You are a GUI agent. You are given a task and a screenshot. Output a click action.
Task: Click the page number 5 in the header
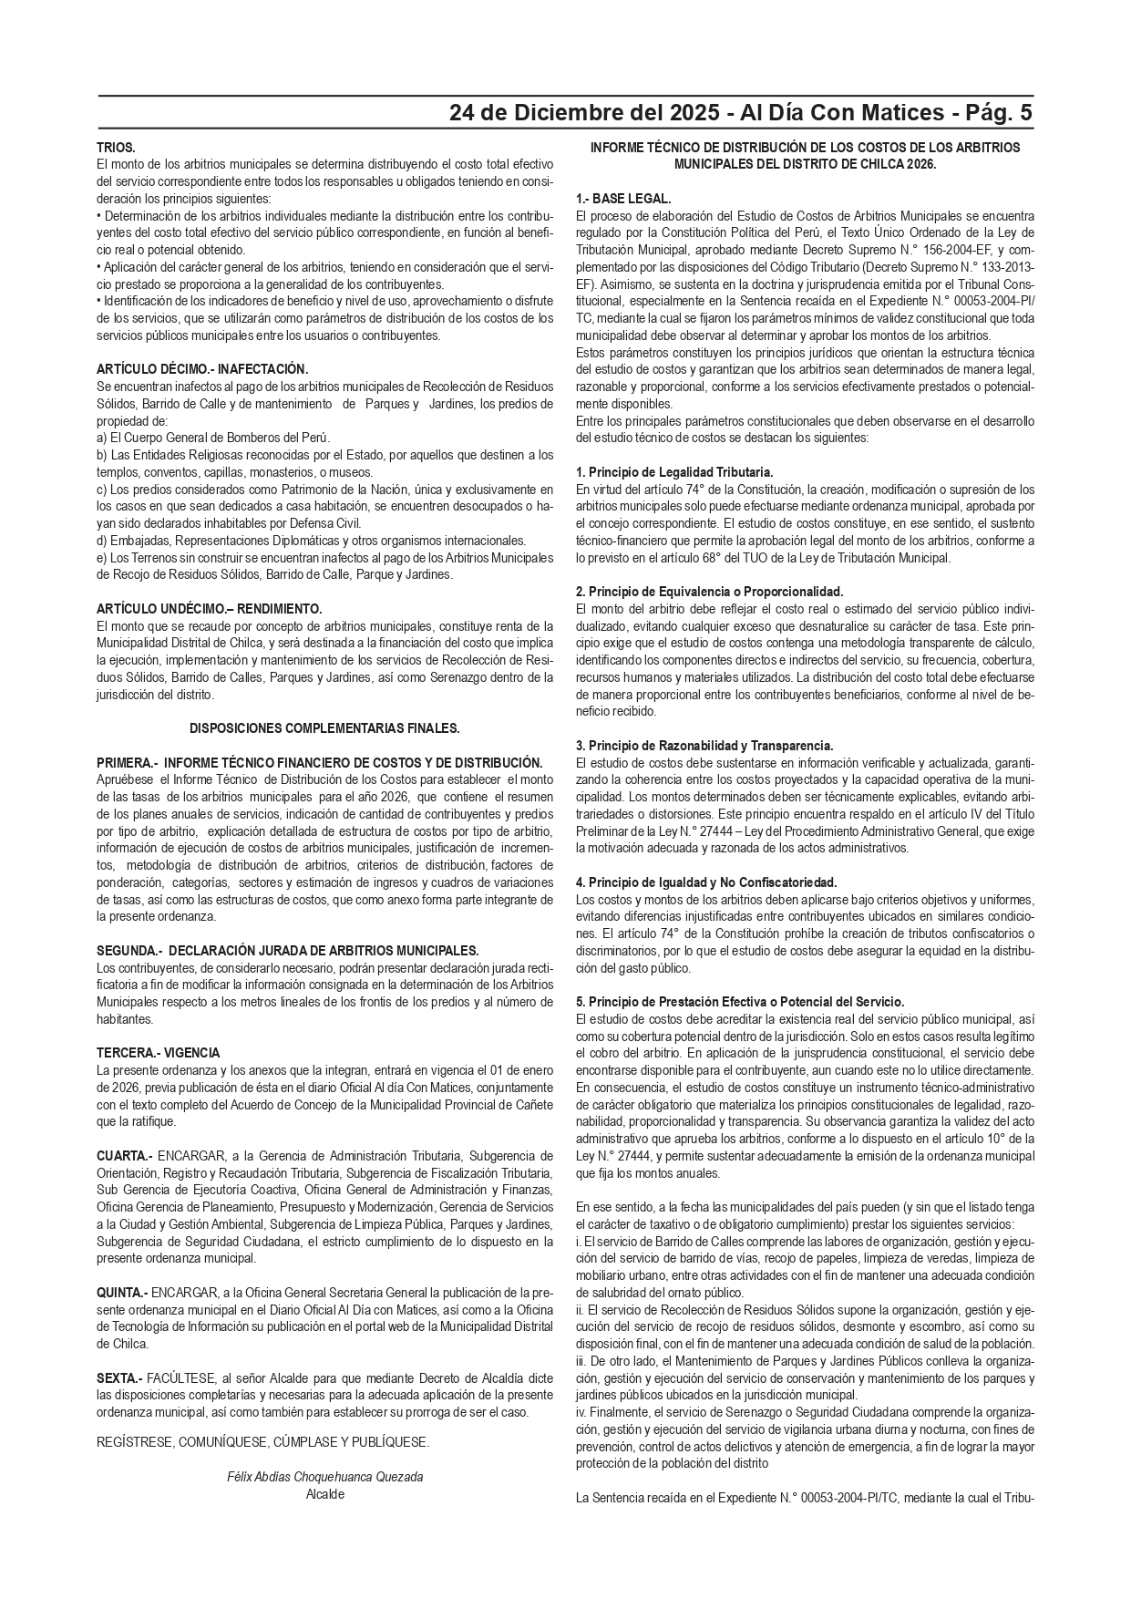[x=1026, y=113]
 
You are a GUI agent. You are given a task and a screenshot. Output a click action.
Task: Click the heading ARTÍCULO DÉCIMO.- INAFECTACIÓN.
[x=202, y=369]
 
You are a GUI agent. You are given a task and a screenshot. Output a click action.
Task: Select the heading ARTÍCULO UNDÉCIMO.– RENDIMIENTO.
[x=210, y=609]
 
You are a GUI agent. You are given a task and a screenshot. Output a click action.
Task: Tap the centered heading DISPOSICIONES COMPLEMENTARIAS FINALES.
[x=324, y=728]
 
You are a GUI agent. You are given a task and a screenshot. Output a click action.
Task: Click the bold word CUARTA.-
[x=125, y=1156]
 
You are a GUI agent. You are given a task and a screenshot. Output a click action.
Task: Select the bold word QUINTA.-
[x=122, y=1293]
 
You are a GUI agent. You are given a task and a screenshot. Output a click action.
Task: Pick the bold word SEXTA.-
[x=119, y=1378]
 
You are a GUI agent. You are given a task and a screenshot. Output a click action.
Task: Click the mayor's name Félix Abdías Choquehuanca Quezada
[x=324, y=1477]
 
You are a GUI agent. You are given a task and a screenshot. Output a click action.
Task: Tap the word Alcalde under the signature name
[x=325, y=1494]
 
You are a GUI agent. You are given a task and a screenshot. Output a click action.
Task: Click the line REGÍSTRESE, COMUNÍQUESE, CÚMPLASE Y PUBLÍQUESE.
[x=262, y=1442]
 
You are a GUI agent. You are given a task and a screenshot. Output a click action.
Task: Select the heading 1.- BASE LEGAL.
[x=623, y=199]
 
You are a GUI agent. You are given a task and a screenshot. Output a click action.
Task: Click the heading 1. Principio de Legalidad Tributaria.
[x=674, y=472]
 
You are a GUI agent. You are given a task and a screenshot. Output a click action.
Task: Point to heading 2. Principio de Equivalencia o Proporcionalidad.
[x=709, y=592]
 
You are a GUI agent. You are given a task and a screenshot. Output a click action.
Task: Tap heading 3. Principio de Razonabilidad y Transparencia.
[x=704, y=746]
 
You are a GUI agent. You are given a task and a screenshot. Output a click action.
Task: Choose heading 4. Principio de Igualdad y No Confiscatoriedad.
[x=706, y=882]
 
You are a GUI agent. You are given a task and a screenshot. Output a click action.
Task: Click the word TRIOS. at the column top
[x=116, y=147]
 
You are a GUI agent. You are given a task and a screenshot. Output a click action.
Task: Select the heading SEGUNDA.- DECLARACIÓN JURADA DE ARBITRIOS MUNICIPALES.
[x=287, y=951]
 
